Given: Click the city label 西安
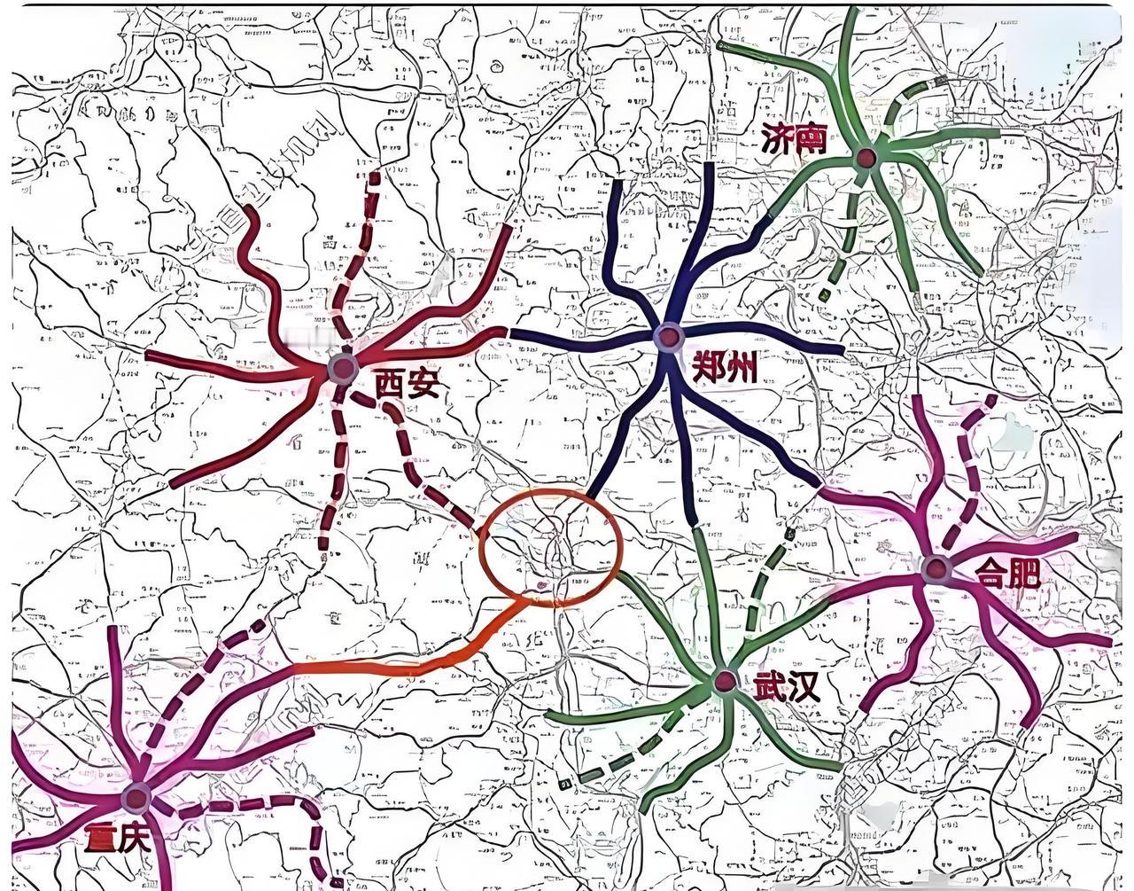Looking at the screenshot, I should (407, 384).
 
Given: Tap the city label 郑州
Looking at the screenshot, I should (725, 365).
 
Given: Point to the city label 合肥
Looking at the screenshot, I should (1007, 573).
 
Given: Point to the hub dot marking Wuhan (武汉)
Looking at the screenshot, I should (725, 681).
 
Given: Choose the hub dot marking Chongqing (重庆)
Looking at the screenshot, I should (136, 798).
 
